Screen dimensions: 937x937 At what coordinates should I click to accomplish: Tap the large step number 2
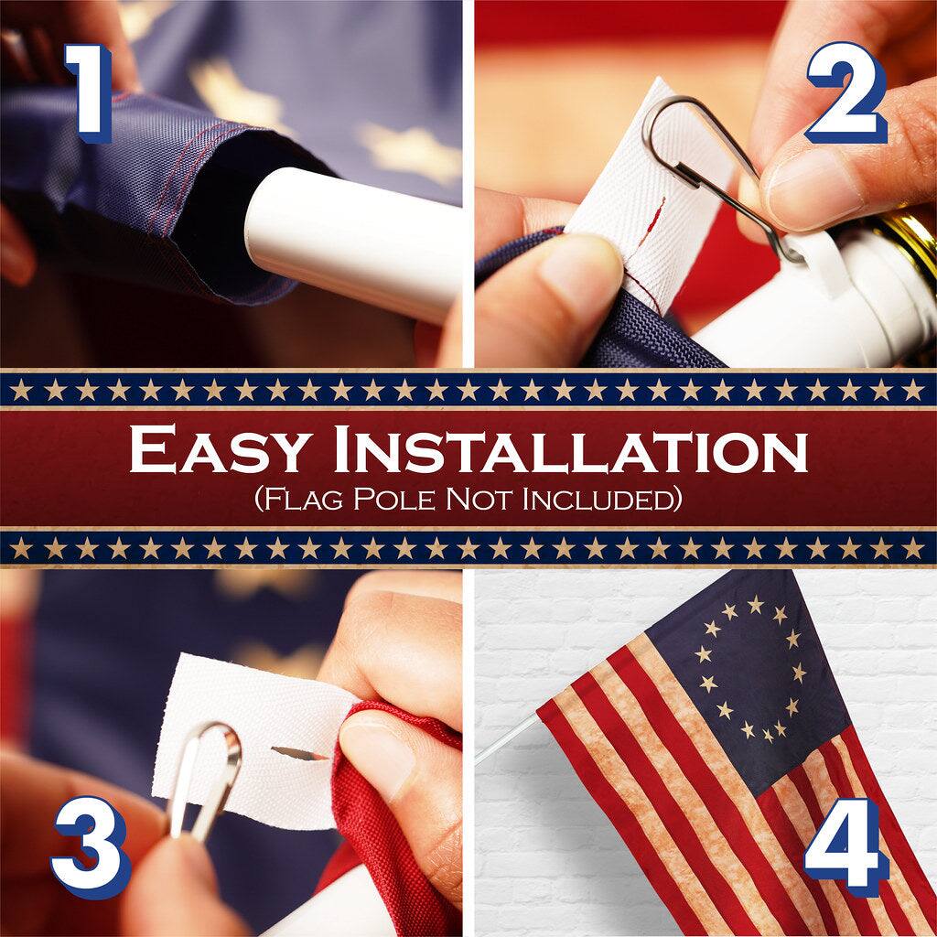(845, 93)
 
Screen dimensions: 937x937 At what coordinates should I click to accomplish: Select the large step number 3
(91, 846)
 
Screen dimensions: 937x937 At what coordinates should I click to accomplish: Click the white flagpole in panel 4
(508, 738)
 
